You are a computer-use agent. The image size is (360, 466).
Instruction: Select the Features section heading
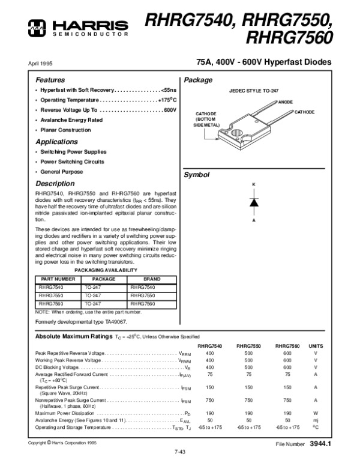click(x=50, y=80)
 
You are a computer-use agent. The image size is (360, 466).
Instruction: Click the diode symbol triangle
click(x=253, y=202)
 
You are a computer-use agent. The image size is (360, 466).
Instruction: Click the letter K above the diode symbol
click(x=253, y=183)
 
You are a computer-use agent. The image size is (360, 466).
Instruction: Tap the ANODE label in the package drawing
click(x=285, y=102)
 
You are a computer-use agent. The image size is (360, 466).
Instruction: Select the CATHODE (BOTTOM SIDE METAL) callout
click(x=206, y=120)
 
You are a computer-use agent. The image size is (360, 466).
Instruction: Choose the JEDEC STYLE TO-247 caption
click(x=254, y=89)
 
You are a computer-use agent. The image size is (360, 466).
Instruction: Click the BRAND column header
click(x=152, y=279)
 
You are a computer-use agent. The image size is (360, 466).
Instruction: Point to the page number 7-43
click(x=180, y=452)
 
